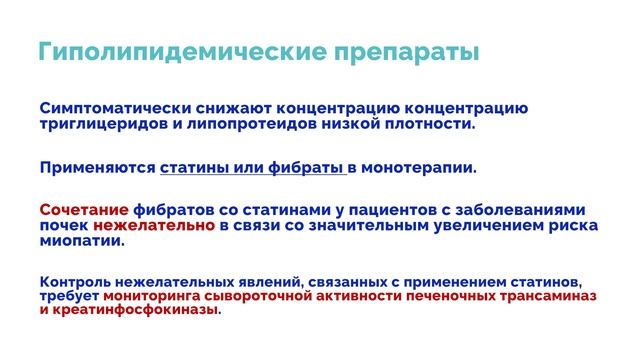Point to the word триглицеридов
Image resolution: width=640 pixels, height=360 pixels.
(99, 124)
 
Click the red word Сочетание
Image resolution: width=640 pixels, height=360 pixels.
(84, 210)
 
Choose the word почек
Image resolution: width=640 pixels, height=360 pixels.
(63, 226)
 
